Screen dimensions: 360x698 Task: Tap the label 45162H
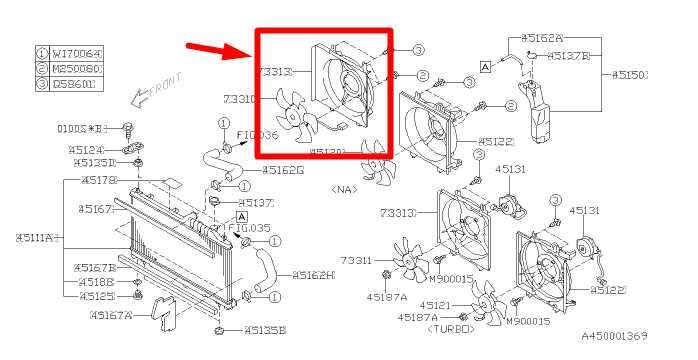(312, 275)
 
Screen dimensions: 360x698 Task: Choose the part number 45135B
(265, 329)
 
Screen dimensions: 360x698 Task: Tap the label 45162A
(544, 37)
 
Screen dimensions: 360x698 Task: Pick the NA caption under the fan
(344, 187)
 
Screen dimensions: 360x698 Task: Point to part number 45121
(435, 304)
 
